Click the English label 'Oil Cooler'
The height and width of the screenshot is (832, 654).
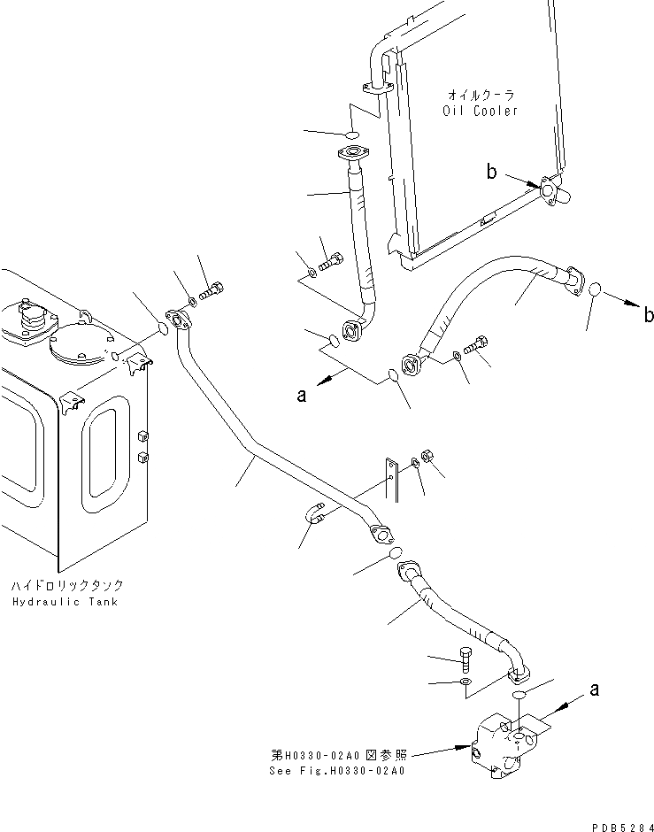(480, 111)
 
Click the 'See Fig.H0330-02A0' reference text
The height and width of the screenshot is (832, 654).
(337, 769)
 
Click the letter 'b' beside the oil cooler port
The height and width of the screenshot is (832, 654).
(491, 173)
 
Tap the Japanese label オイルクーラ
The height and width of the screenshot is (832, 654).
(481, 94)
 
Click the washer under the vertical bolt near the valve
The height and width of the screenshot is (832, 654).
(466, 682)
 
